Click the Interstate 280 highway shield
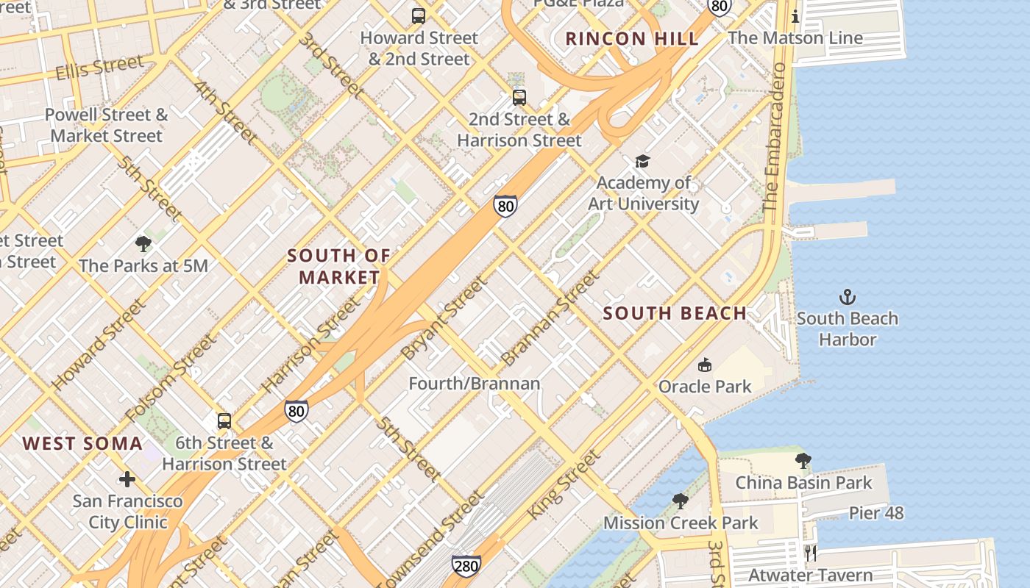pos(466,565)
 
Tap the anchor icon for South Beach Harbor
pos(848,297)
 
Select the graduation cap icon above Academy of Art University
pos(642,161)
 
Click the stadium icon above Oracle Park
pos(705,365)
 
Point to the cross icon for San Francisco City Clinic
pos(127,479)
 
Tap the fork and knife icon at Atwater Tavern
pos(811,553)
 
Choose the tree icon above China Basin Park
pos(803,461)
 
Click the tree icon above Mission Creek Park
pos(681,501)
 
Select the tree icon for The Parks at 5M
pos(143,243)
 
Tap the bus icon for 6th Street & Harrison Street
pos(224,420)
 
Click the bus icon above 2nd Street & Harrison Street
pos(519,97)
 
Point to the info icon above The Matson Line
pos(795,16)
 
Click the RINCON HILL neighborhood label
pos(632,39)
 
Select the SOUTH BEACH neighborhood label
pos(675,313)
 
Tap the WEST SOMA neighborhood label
pos(82,443)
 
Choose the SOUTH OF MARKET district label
pos(339,266)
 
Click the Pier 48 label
pos(876,512)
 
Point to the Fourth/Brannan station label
pos(474,383)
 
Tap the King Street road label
pos(564,484)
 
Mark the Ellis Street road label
pos(99,68)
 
